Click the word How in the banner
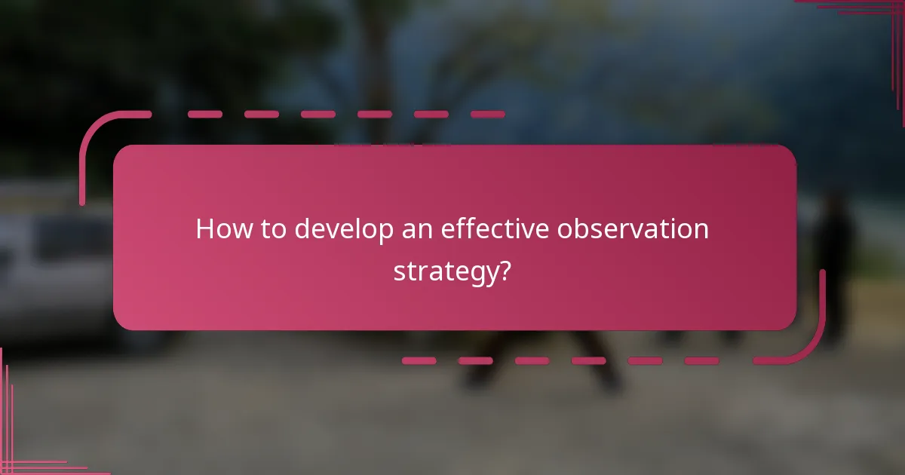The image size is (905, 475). [x=220, y=229]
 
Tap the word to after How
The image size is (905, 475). [x=269, y=229]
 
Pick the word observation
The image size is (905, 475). [x=633, y=229]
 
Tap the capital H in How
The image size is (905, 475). [x=204, y=229]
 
